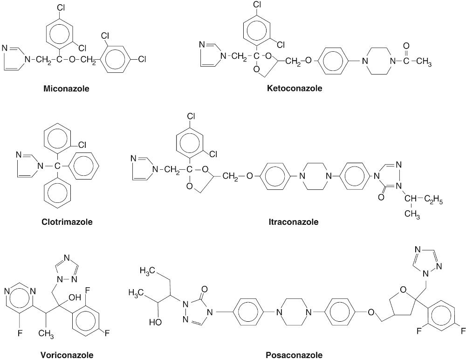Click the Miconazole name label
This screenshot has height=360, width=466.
[66, 88]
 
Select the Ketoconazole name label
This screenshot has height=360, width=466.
[295, 88]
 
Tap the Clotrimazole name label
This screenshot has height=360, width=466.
[67, 222]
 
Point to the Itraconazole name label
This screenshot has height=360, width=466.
[293, 222]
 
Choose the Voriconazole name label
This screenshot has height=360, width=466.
[67, 355]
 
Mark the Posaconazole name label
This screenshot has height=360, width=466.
[294, 355]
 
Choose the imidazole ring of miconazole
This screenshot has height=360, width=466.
[17, 57]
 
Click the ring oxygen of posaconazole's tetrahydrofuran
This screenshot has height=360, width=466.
[403, 292]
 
